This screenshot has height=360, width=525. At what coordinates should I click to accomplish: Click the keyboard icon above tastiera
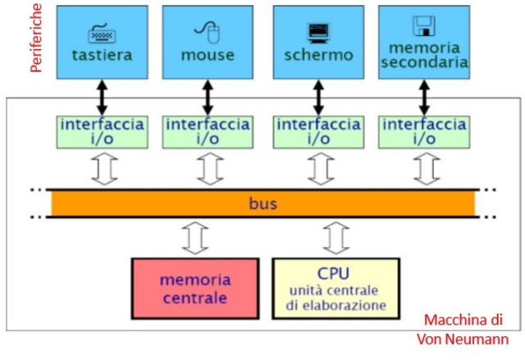pyautogui.click(x=102, y=34)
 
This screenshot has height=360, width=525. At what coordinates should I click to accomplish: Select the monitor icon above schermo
pyautogui.click(x=317, y=32)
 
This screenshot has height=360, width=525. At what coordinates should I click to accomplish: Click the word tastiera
pyautogui.click(x=102, y=55)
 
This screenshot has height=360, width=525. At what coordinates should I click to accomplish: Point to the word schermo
pyautogui.click(x=318, y=55)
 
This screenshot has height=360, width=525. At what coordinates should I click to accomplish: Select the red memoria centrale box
pyautogui.click(x=195, y=288)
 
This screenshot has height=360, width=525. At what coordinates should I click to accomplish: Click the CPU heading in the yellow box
pyautogui.click(x=336, y=272)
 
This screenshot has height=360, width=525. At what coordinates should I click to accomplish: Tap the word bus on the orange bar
pyautogui.click(x=263, y=202)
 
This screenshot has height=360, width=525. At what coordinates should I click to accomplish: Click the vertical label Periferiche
pyautogui.click(x=35, y=38)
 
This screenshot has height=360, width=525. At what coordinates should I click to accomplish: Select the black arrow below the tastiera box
pyautogui.click(x=102, y=97)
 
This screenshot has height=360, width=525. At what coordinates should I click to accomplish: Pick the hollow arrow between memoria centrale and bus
pyautogui.click(x=194, y=239)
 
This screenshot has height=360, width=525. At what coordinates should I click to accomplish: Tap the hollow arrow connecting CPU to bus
pyautogui.click(x=336, y=239)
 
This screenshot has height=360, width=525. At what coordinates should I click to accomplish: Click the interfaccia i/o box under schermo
pyautogui.click(x=317, y=132)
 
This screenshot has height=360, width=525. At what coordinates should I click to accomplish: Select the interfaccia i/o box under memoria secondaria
pyautogui.click(x=424, y=132)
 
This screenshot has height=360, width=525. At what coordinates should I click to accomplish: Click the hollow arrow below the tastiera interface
pyautogui.click(x=103, y=169)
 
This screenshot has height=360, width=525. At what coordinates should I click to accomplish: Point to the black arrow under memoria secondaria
pyautogui.click(x=424, y=97)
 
